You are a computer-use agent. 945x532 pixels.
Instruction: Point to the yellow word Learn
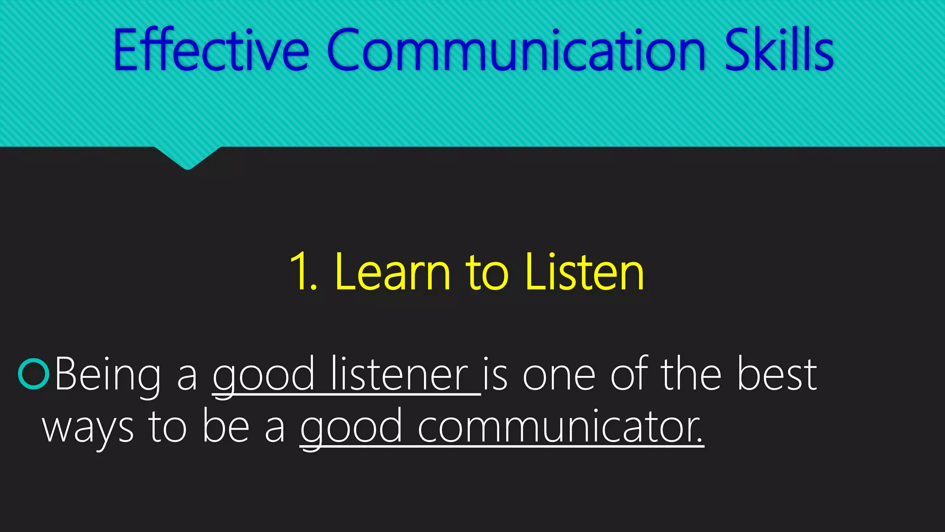pyautogui.click(x=393, y=272)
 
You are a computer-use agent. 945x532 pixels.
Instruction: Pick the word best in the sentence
pyautogui.click(x=777, y=374)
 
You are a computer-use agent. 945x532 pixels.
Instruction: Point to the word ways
pyautogui.click(x=88, y=428)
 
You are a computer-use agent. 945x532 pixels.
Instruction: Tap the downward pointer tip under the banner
pyautogui.click(x=187, y=167)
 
